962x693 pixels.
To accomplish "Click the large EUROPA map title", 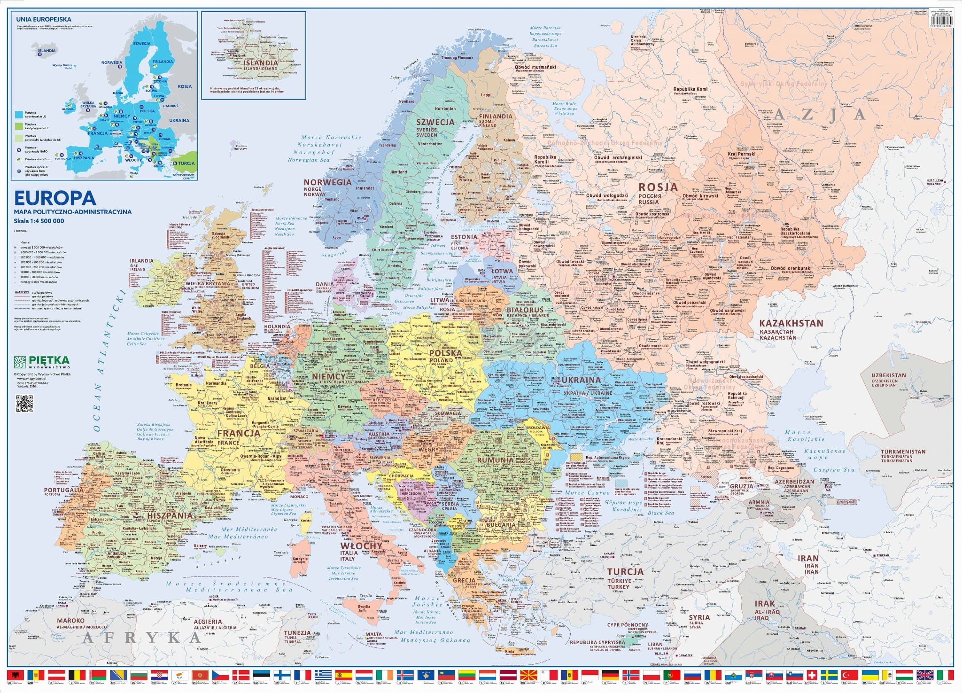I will pos(55,198).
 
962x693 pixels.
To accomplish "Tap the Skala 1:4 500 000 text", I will pos(39,221).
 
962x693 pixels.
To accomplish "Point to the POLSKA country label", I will pos(445,352).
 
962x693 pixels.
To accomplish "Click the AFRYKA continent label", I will pos(141,638).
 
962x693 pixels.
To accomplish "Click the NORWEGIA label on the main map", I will pos(327,182).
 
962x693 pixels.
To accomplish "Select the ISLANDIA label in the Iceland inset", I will pos(261,62).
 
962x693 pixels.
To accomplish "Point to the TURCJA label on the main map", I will pos(625,572).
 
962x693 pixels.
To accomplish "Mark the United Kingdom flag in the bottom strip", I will pos(925,675).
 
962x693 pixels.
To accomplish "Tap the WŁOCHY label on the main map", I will pos(361,546).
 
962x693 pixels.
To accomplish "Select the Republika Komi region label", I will pos(690,89).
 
